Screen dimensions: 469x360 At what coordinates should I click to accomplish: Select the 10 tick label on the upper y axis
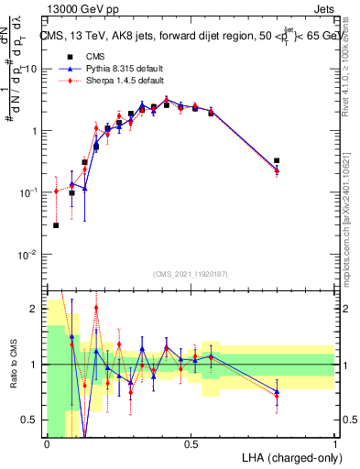(32, 69)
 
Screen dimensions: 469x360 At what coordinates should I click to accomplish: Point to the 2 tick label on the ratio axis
(34, 309)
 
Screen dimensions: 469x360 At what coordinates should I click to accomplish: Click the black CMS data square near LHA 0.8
(277, 160)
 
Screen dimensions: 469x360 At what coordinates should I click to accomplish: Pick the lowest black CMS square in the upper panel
(56, 224)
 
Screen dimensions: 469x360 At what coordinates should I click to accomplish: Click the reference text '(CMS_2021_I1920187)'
(191, 274)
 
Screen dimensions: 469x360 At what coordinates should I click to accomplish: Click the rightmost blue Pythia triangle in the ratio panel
(277, 391)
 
